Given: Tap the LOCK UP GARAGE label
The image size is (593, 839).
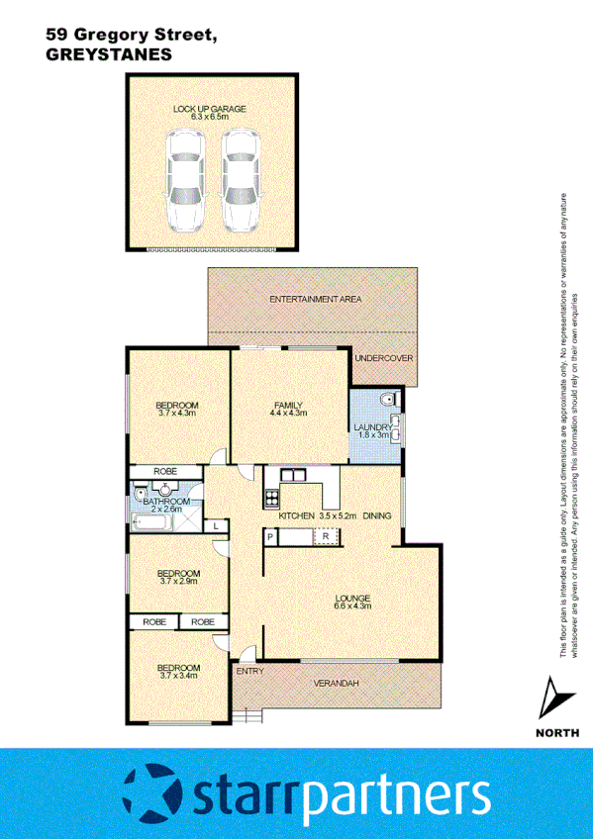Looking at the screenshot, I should tap(209, 109).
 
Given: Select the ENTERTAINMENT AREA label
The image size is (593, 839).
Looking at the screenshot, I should tap(315, 298).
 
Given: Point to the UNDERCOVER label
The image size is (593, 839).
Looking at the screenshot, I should tap(383, 358).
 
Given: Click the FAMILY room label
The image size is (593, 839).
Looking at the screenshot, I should tap(289, 406).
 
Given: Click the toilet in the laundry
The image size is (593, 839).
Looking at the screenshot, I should tap(388, 399).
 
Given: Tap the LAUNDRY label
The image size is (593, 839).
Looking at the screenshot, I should tap(373, 427).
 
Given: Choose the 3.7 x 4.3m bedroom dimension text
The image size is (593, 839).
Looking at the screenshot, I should tap(178, 414).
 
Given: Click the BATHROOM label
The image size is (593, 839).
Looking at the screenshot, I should tap(166, 502).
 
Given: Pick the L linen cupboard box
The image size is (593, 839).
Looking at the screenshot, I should tap(216, 526).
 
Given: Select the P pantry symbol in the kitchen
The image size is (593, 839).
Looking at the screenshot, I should tap(269, 536).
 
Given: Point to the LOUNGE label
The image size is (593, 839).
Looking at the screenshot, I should tap(352, 598).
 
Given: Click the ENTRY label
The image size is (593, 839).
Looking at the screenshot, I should tap(249, 672).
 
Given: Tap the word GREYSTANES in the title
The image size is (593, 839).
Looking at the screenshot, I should tap(110, 55).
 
